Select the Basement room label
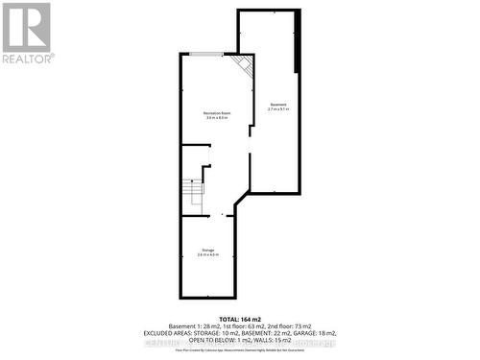click(x=277, y=104)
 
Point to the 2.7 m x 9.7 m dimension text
click(x=277, y=108)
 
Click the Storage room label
click(x=208, y=250)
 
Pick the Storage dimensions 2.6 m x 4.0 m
click(x=208, y=254)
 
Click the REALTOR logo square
click(x=27, y=26)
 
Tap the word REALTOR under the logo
click(x=27, y=58)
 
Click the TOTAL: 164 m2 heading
click(x=239, y=318)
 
